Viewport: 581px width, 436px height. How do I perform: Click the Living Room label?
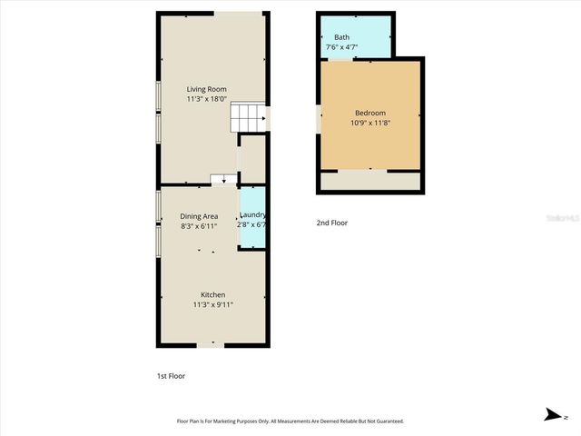206,89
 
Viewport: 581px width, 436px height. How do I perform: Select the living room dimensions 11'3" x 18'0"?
206,100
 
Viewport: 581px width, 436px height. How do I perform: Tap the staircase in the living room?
249,116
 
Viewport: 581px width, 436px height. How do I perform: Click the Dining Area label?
199,216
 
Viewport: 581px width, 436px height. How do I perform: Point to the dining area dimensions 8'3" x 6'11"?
199,226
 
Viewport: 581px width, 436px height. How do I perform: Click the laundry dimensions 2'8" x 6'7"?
251,225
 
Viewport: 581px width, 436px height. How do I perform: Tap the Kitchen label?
213,294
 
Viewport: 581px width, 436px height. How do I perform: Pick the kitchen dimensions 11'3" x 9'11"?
213,305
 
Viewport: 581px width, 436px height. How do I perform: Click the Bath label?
341,37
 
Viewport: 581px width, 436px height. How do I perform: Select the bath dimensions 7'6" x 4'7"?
341,47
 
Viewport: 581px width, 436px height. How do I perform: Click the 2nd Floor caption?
331,223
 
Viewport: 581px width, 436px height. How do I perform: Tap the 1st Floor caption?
172,375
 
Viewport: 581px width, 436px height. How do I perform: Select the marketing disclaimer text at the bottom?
290,421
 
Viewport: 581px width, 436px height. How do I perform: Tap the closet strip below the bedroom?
370,182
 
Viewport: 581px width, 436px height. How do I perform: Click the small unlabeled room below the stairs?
252,159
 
